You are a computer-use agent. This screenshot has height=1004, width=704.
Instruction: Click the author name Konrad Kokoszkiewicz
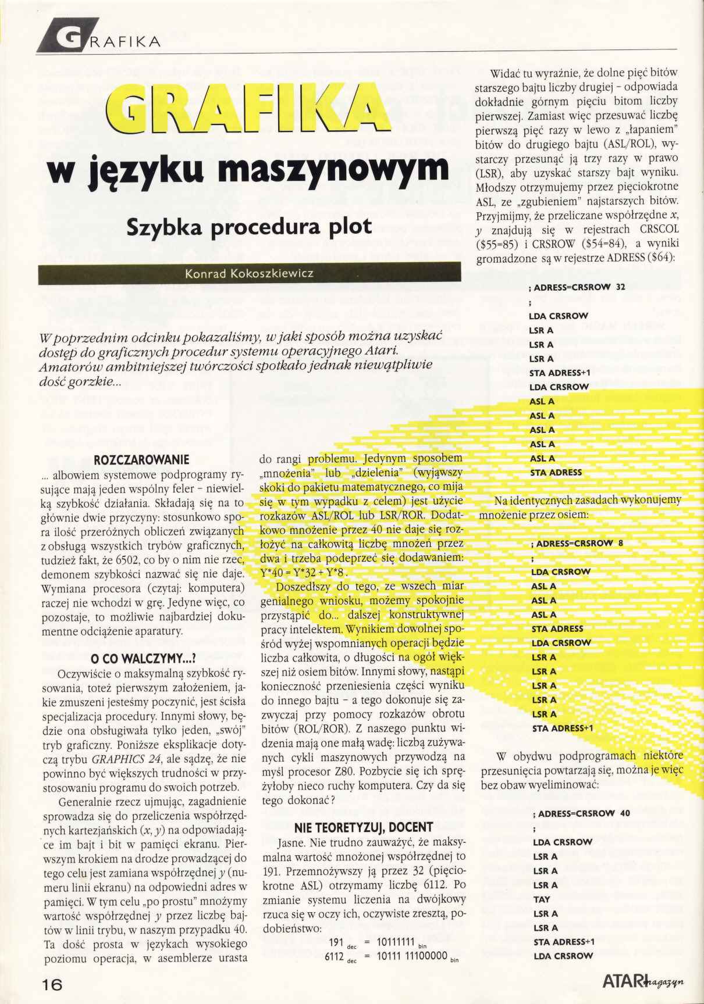pyautogui.click(x=249, y=273)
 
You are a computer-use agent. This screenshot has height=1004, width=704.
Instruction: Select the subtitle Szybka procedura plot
pyautogui.click(x=249, y=226)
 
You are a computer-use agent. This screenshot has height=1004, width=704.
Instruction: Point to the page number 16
pyautogui.click(x=52, y=983)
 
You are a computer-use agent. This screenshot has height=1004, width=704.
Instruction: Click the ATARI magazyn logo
pyautogui.click(x=642, y=981)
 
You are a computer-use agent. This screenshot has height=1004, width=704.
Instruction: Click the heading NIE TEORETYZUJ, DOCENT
pyautogui.click(x=363, y=827)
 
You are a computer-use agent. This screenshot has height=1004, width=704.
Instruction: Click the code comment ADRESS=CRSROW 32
pyautogui.click(x=577, y=287)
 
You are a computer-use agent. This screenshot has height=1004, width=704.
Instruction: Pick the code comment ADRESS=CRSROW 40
pyautogui.click(x=581, y=813)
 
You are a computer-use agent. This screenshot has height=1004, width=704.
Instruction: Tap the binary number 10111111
pyautogui.click(x=396, y=942)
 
